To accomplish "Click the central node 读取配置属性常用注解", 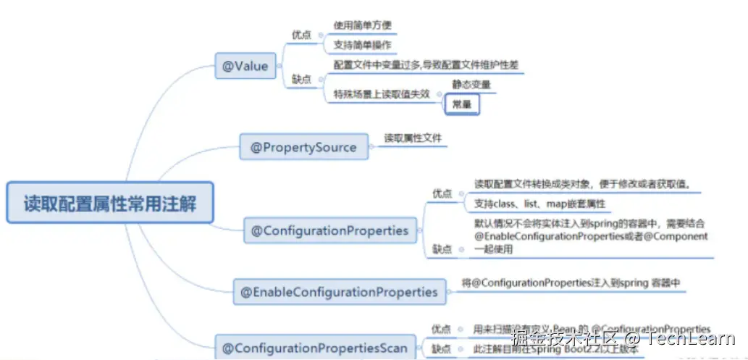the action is (x=110, y=203).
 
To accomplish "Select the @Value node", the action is (x=245, y=67).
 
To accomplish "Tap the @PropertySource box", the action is (x=303, y=147).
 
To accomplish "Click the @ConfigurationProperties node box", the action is (x=329, y=231).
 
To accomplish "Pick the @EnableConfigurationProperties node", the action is (x=339, y=292).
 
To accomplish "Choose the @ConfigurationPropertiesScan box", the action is (x=314, y=348).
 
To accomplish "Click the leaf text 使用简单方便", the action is (x=362, y=25).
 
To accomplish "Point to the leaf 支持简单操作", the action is (x=362, y=45).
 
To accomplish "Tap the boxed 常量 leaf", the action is (x=461, y=104).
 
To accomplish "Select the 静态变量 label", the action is (x=471, y=84).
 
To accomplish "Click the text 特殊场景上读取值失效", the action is (x=382, y=93).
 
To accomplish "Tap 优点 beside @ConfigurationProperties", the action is (x=442, y=193).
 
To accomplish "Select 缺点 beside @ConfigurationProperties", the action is (x=442, y=249).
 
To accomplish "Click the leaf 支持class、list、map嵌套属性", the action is (x=539, y=204).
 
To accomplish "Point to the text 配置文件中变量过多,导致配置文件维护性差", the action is (x=426, y=64).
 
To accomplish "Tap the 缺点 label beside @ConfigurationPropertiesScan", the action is (x=442, y=349).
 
